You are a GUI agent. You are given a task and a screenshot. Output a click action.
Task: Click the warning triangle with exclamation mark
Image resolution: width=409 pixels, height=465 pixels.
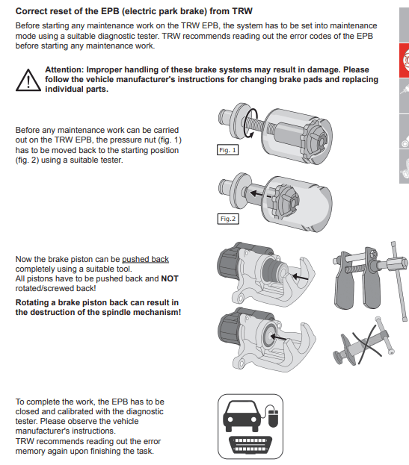28,80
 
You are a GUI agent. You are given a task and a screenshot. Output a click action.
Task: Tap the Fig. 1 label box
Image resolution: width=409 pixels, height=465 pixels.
227,150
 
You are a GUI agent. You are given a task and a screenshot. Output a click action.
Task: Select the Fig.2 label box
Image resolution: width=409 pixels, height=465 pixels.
228,219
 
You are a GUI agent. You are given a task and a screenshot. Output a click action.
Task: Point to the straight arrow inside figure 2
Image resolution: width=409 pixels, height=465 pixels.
260,195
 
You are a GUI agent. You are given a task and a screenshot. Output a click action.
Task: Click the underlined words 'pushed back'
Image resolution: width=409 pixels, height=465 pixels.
145,260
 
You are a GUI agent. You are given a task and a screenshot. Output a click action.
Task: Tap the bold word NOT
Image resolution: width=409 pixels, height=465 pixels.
170,278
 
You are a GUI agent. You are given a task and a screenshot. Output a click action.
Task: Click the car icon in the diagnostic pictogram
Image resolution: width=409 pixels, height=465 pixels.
242,416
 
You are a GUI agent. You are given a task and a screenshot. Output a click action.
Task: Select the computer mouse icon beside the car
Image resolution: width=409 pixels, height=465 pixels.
274,417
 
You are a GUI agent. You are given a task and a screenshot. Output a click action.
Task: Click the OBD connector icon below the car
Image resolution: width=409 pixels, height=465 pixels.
250,444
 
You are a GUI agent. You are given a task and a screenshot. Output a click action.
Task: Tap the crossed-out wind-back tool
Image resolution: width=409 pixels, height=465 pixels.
364,341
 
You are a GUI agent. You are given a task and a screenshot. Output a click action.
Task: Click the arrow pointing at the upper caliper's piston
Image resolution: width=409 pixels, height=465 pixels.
300,277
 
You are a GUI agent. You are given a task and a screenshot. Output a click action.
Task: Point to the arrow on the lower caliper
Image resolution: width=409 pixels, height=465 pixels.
278,337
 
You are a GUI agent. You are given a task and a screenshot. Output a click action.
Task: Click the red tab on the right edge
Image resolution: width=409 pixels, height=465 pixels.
404,60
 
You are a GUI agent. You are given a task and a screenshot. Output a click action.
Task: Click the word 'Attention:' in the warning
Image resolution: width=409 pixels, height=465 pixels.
65,69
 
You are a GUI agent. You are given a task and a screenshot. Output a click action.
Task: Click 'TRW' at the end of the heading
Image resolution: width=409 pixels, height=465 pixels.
242,11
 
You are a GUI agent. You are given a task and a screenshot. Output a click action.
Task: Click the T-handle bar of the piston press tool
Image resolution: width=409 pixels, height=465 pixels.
399,281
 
